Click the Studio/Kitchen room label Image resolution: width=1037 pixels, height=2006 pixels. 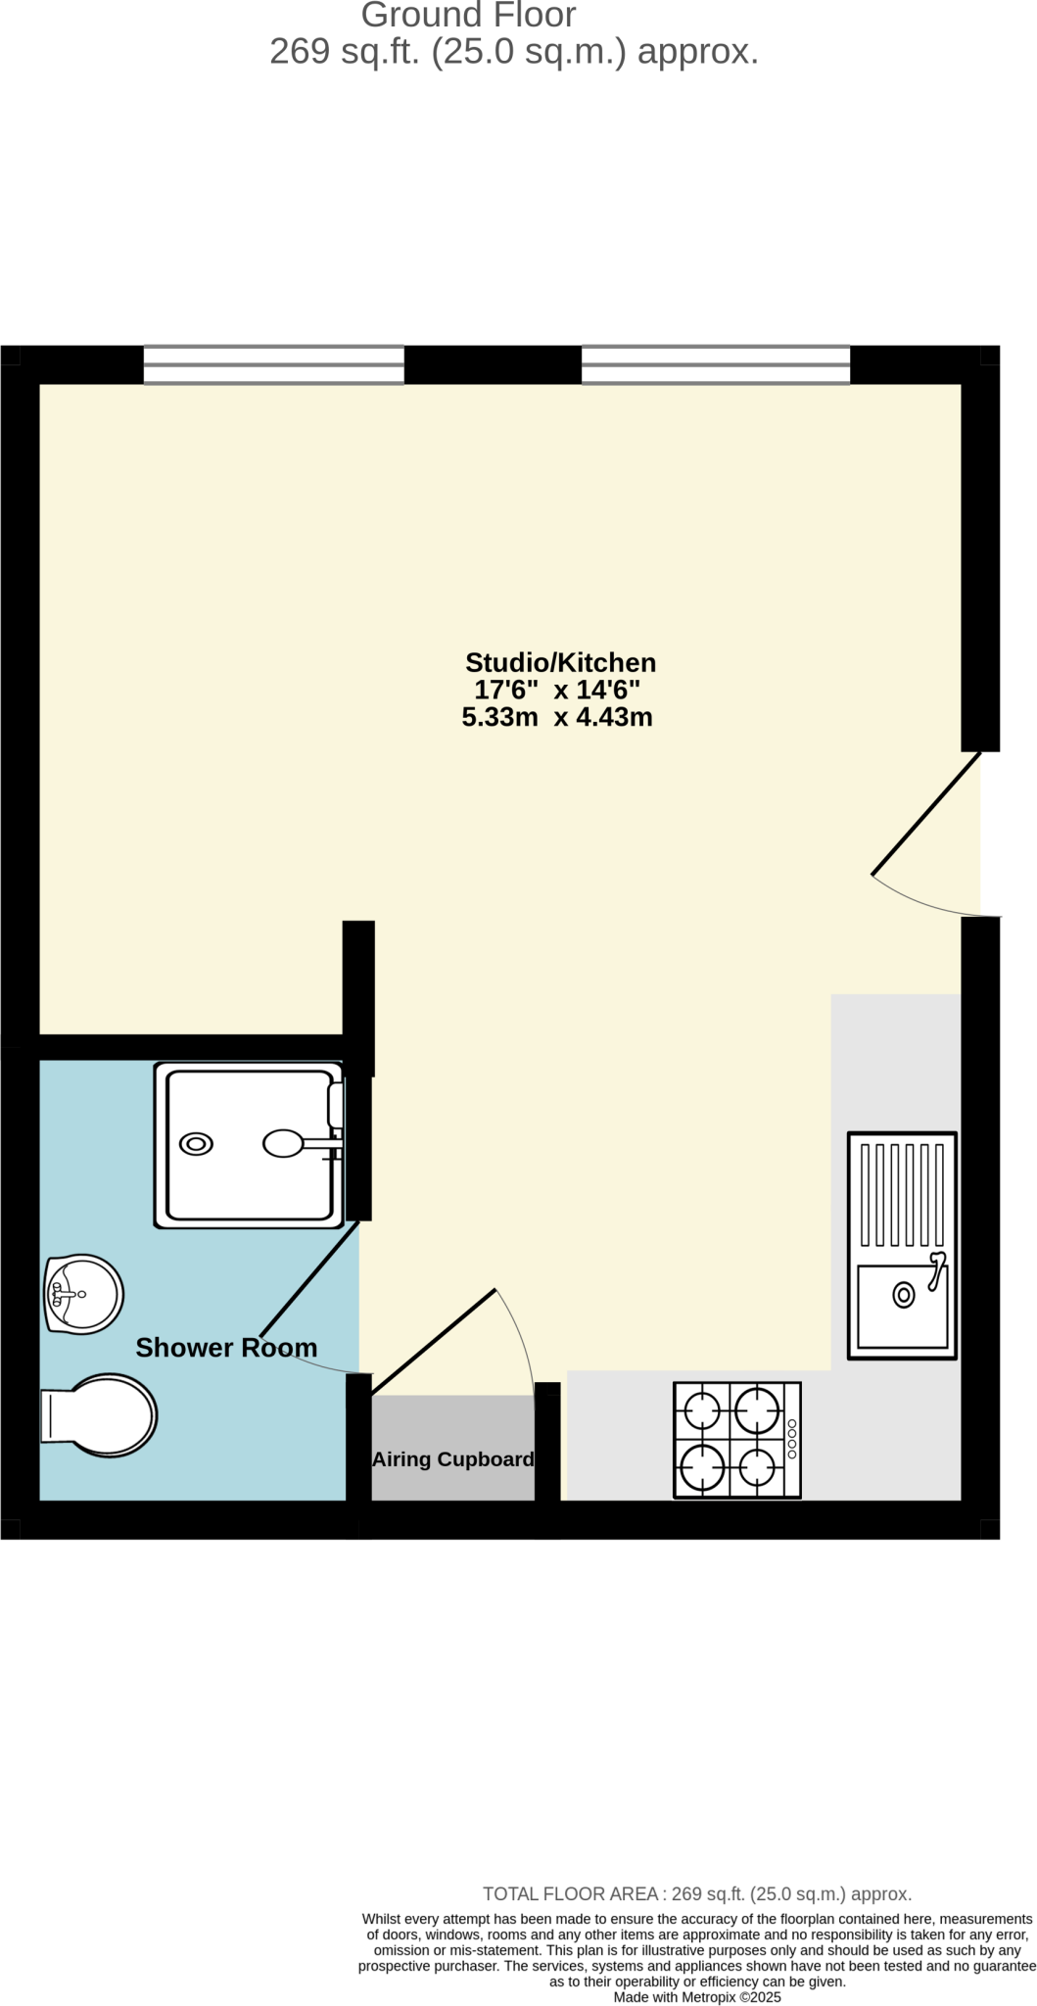click(x=560, y=663)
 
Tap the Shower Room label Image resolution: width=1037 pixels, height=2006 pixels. click(x=226, y=1348)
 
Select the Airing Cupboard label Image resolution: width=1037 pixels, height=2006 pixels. click(x=452, y=1459)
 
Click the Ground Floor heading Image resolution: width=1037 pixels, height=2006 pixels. click(x=468, y=16)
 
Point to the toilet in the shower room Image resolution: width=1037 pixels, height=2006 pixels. click(x=100, y=1415)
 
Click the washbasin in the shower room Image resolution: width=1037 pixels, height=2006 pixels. click(x=83, y=1294)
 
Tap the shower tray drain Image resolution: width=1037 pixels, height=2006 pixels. click(x=196, y=1144)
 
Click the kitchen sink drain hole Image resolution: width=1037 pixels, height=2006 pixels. click(x=903, y=1296)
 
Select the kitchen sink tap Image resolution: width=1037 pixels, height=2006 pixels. click(x=936, y=1269)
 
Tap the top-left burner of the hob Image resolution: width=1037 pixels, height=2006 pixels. click(x=702, y=1412)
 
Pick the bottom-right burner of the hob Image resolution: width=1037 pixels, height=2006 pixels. click(x=757, y=1467)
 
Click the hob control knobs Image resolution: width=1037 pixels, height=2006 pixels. click(x=792, y=1440)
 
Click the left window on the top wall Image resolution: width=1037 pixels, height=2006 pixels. click(x=273, y=365)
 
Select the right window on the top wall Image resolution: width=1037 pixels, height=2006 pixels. click(x=715, y=365)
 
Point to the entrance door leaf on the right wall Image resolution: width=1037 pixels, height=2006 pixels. click(x=925, y=814)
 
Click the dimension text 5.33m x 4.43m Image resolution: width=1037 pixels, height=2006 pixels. click(x=557, y=718)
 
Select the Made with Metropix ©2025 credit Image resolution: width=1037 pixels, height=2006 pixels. click(x=697, y=1997)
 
